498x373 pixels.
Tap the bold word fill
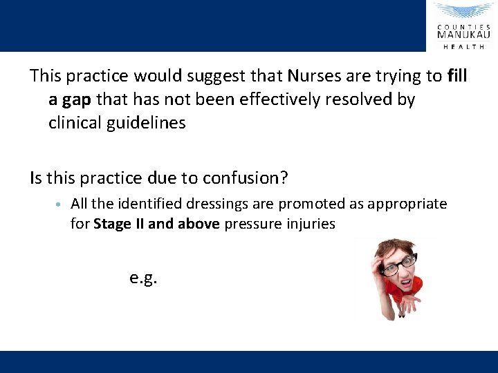[x=457, y=75]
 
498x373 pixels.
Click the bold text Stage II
[x=120, y=224]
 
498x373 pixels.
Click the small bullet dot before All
[x=59, y=204]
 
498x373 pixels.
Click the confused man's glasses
[x=400, y=262]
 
